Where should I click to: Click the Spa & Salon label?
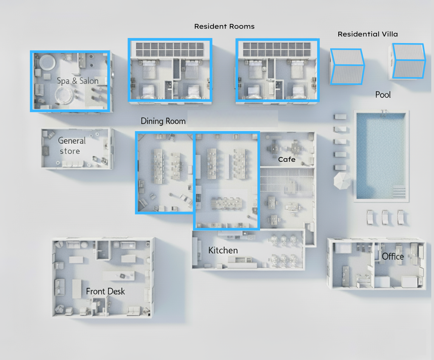coord(77,81)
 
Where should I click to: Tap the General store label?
coord(72,146)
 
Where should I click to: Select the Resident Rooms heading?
coord(224,26)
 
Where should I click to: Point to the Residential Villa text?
coord(368,34)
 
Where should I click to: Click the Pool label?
coord(383,95)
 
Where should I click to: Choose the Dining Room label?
coord(163,121)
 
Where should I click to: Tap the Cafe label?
coord(287,159)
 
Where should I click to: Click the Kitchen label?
coord(223,250)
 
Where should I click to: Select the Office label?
coord(393,256)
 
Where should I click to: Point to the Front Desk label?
coord(105,291)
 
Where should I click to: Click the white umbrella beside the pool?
coord(342,181)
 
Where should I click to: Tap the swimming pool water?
coord(381,155)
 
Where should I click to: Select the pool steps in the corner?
coord(399,192)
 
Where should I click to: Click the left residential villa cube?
coord(347,66)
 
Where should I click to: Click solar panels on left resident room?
coord(169,49)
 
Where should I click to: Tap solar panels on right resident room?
coord(277,49)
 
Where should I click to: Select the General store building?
coord(77,149)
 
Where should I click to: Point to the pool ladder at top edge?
coord(384,113)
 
